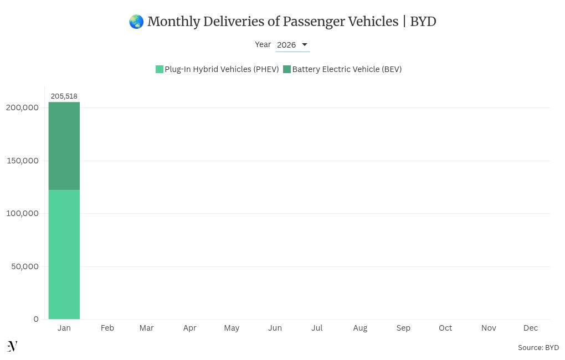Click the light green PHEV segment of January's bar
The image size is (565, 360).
point(64,254)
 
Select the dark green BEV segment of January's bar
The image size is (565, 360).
point(64,146)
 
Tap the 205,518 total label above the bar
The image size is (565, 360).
point(64,96)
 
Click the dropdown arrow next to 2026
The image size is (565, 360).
point(304,45)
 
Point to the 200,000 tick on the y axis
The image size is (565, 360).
point(22,107)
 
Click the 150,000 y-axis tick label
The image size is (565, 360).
point(22,161)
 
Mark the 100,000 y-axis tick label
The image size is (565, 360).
point(22,213)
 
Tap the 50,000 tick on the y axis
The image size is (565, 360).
point(24,266)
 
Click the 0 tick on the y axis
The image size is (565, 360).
point(36,319)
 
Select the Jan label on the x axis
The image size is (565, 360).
point(64,328)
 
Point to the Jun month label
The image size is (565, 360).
point(275,328)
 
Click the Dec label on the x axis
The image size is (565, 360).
point(530,328)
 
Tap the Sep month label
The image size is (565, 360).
point(403,328)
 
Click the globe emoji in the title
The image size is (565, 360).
point(136,22)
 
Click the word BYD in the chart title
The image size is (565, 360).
point(423,22)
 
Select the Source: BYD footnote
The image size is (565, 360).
point(538,348)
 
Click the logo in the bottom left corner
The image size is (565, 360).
point(12,346)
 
